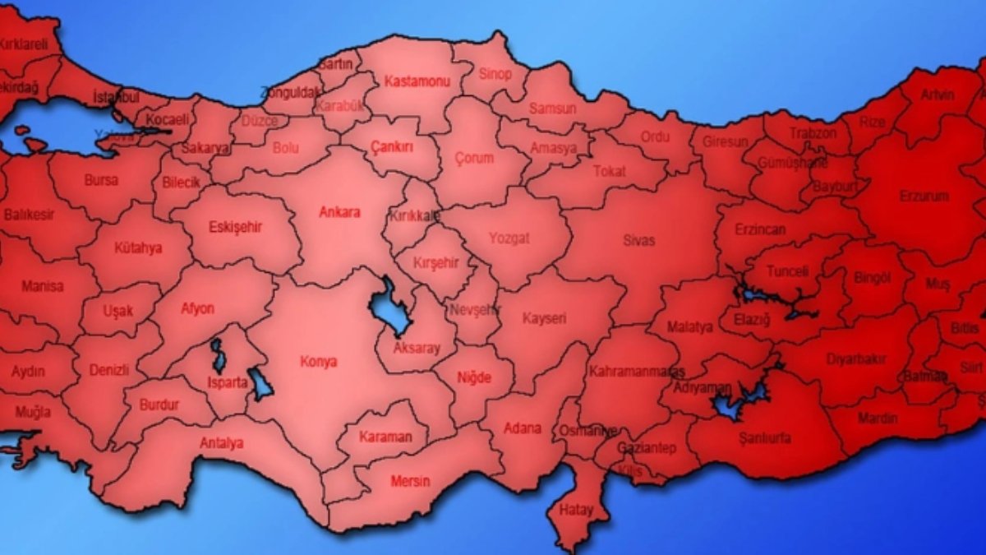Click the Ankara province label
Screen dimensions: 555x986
(339, 212)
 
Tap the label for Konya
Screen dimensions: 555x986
(320, 362)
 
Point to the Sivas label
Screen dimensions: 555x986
(638, 240)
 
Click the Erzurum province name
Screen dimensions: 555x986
(924, 197)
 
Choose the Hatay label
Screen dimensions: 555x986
(576, 510)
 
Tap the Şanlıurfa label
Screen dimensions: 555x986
(765, 438)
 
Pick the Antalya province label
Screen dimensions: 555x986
(222, 443)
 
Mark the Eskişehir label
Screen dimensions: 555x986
(235, 227)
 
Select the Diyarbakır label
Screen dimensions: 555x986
(878, 359)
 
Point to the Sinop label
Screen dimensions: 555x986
(495, 74)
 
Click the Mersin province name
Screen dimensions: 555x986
(409, 481)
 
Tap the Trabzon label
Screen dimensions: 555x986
(813, 132)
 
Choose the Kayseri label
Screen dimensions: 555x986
(544, 318)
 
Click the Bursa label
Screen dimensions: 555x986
(101, 179)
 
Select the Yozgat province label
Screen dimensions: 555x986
(509, 238)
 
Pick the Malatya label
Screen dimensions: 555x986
(689, 327)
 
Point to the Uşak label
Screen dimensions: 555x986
(117, 311)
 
